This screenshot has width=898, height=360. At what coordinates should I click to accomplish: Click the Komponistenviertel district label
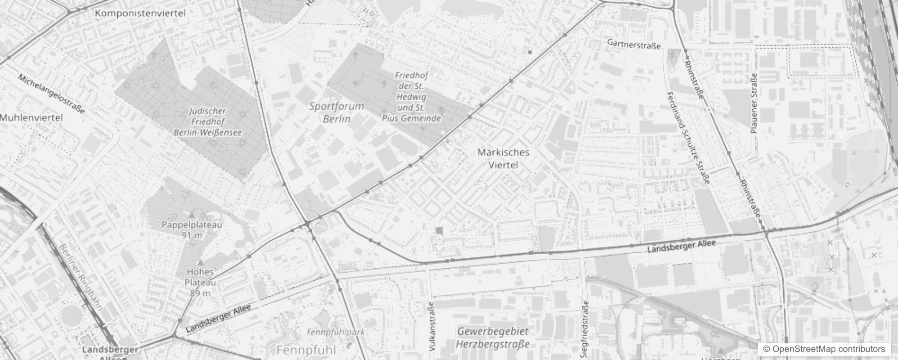coord(140,13)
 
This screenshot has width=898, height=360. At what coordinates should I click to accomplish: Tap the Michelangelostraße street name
coord(51,94)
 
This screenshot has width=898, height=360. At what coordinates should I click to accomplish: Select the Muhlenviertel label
coord(31,118)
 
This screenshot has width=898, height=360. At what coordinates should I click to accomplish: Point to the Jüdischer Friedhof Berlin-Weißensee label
coord(208,121)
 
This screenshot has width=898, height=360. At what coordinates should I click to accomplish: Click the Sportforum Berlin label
coord(337,112)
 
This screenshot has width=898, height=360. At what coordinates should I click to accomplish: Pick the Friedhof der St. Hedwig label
coord(411,97)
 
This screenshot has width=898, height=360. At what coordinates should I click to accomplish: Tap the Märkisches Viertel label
coord(503,158)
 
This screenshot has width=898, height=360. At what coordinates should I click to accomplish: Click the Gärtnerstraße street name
coord(634,44)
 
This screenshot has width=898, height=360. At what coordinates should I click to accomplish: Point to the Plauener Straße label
coord(754,103)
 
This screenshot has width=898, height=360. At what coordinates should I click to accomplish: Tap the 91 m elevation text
coord(192,235)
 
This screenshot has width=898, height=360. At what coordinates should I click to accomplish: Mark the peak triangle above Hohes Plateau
coord(200,262)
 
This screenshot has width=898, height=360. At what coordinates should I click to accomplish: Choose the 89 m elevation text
coord(200,293)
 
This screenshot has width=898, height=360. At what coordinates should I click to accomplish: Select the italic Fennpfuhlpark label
coord(336,332)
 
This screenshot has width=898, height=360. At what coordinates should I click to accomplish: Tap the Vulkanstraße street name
coord(432,326)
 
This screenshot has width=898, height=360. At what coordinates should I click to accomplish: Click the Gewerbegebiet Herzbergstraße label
coord(493,338)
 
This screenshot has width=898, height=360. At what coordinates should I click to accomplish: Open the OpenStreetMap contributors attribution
coord(824,349)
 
